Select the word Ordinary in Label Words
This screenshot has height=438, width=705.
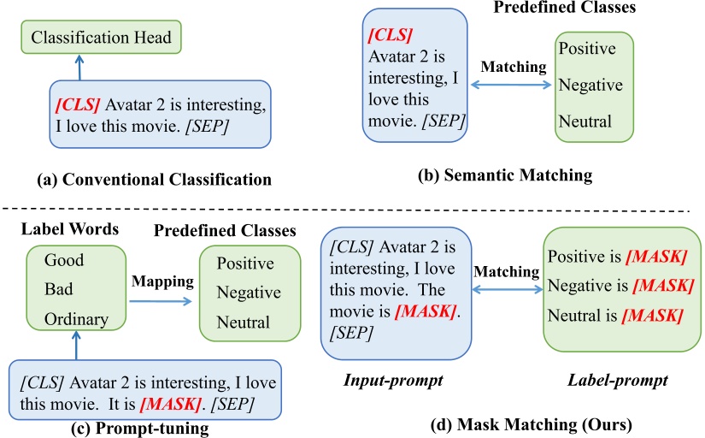coord(76,319)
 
